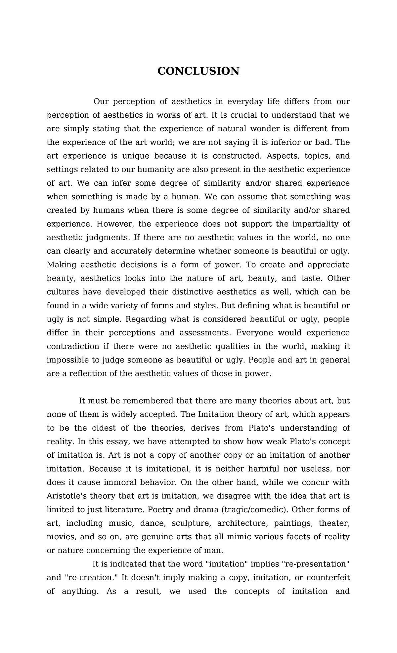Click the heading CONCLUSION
[x=198, y=71]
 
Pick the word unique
[x=136, y=156]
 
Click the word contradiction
[x=73, y=346]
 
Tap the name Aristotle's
[x=67, y=496]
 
